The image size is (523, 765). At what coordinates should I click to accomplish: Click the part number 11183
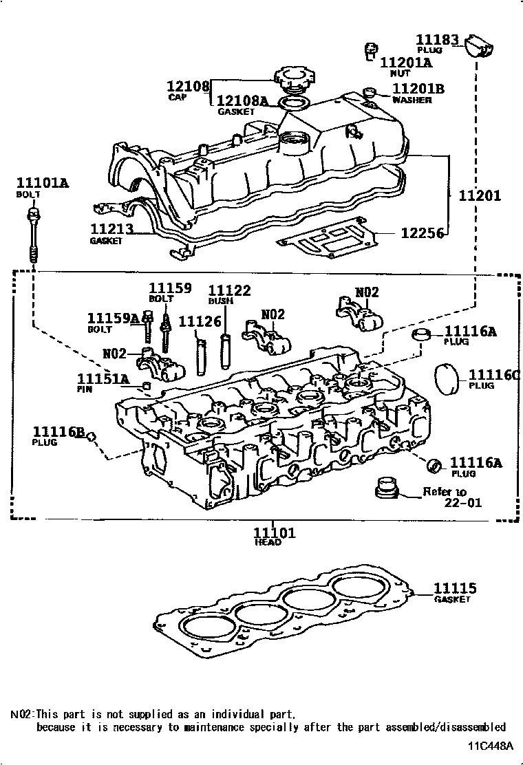pyautogui.click(x=436, y=40)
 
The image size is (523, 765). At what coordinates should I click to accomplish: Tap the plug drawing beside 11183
pyautogui.click(x=480, y=46)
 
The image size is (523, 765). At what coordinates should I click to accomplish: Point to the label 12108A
pyautogui.click(x=242, y=101)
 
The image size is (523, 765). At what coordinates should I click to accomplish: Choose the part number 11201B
pyautogui.click(x=418, y=89)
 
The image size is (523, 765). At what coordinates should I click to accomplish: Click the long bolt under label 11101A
pyautogui.click(x=32, y=233)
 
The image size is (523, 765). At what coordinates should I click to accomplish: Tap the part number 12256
pyautogui.click(x=422, y=233)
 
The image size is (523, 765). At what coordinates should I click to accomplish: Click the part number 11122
pyautogui.click(x=229, y=291)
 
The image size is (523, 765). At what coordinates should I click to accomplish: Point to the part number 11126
pyautogui.click(x=200, y=321)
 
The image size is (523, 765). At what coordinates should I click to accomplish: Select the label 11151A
pyautogui.click(x=103, y=379)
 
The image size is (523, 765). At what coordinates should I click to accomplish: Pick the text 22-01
pyautogui.click(x=462, y=503)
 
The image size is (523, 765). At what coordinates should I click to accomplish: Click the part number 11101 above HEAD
pyautogui.click(x=274, y=532)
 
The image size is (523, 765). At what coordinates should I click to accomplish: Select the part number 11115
pyautogui.click(x=455, y=589)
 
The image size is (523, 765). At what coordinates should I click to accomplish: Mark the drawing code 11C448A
pyautogui.click(x=491, y=746)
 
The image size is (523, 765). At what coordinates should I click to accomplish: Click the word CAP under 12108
pyautogui.click(x=178, y=97)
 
